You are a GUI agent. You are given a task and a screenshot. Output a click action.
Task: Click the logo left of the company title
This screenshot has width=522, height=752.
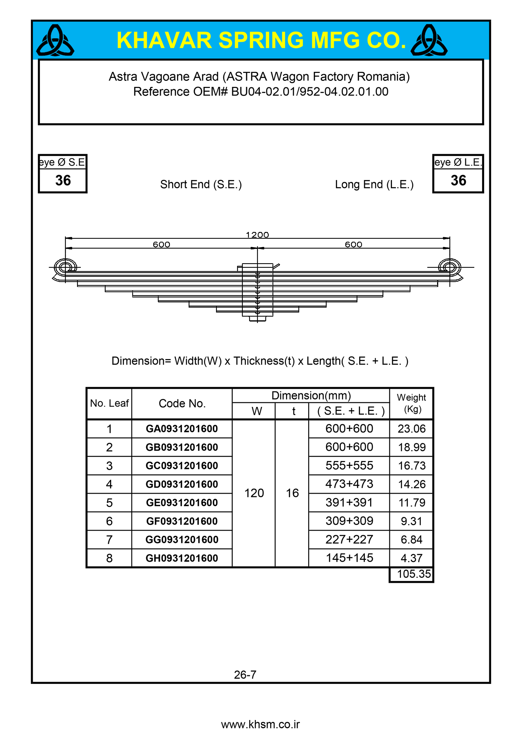tap(55, 41)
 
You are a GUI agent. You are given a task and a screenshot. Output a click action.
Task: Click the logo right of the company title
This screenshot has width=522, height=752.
tap(429, 41)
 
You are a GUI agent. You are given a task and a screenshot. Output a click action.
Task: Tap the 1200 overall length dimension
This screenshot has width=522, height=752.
tap(257, 235)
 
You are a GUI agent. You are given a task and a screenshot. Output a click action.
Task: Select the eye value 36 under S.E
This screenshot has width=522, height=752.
tap(63, 180)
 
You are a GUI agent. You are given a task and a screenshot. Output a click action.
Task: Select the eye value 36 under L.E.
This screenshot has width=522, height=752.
tap(458, 180)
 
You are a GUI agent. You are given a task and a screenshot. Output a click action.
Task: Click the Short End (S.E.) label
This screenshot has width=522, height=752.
tap(201, 185)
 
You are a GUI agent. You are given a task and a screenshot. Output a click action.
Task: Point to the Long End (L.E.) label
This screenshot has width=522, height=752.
tap(374, 185)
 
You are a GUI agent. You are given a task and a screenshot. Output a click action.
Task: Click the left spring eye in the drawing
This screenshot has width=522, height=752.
tap(65, 267)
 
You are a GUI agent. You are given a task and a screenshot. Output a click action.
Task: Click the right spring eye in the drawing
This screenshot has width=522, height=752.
tap(449, 267)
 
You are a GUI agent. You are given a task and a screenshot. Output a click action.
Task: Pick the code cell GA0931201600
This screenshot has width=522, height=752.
tap(182, 429)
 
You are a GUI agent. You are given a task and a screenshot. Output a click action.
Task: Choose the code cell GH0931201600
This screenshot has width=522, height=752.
tap(182, 558)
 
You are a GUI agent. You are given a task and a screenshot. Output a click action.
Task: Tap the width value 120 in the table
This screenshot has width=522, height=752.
tap(254, 493)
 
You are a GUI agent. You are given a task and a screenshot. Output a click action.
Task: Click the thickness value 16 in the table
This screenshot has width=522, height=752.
tap(292, 493)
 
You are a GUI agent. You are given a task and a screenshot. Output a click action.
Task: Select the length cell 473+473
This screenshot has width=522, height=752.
tap(349, 484)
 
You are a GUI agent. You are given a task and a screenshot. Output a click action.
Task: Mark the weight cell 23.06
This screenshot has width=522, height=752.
tap(412, 429)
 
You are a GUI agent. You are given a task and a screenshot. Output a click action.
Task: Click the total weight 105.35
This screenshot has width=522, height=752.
tap(413, 574)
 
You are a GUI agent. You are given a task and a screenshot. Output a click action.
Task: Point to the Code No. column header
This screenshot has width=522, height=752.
tap(182, 403)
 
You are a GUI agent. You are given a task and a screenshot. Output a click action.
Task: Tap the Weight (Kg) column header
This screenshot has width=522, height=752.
tap(412, 403)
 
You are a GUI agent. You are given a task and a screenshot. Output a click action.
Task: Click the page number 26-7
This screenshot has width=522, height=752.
tap(245, 675)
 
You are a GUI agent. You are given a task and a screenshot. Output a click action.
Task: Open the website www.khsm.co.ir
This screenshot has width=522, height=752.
tap(260, 725)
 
